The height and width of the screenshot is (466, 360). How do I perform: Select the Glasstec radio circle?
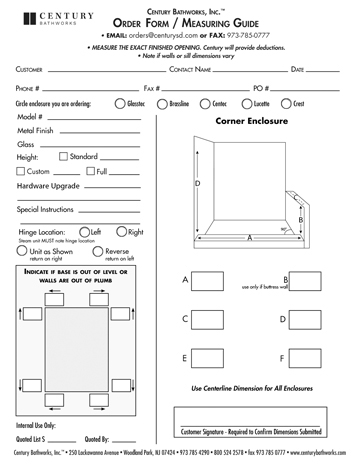coord(121,103)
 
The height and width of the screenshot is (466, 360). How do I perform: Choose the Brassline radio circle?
coord(163,103)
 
